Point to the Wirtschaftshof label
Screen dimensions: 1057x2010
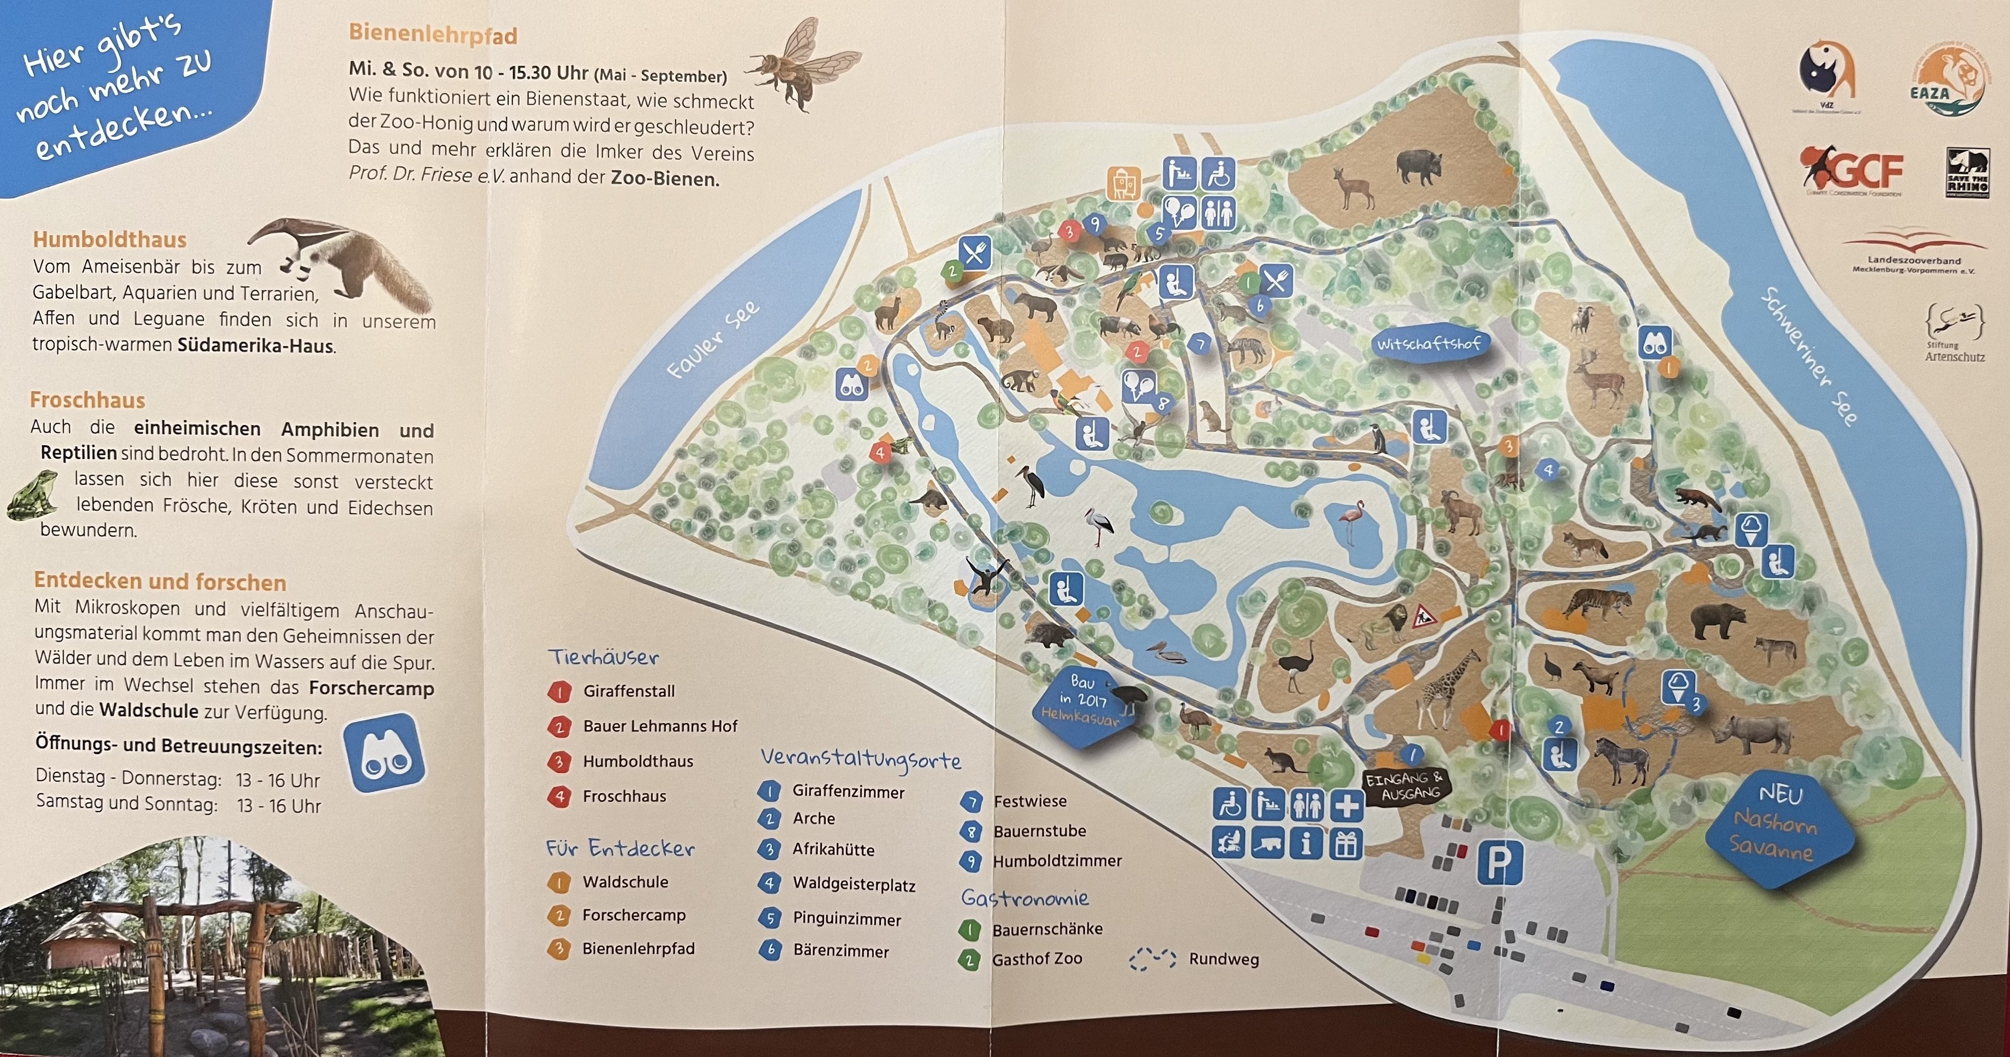pyautogui.click(x=1428, y=343)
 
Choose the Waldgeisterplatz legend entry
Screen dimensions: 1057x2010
pyautogui.click(x=853, y=884)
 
